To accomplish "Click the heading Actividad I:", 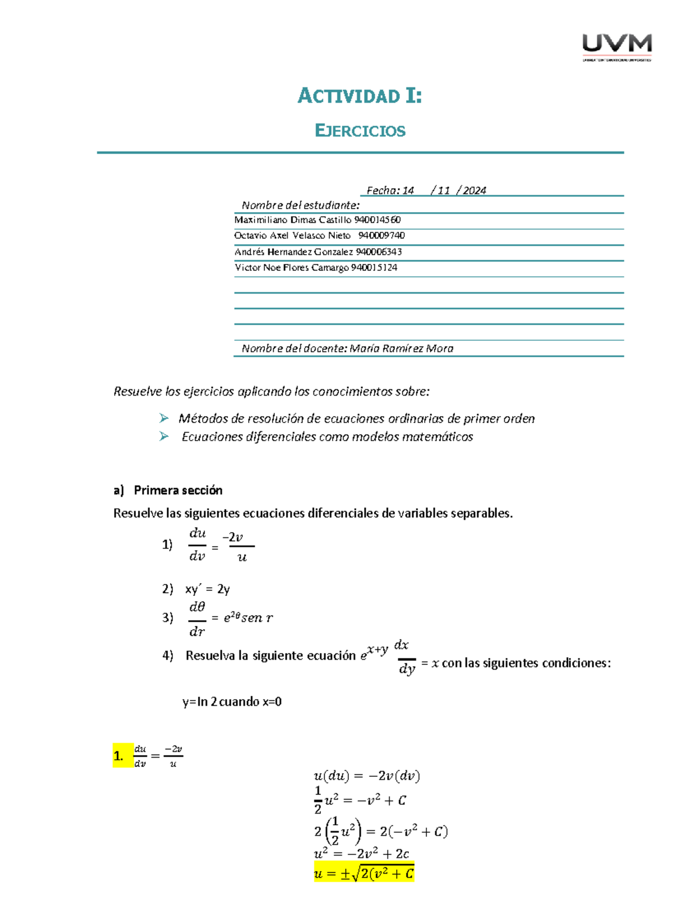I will tap(359, 96).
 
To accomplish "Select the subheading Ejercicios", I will tap(359, 131).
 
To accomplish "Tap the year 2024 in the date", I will tap(474, 191).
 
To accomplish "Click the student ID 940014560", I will tap(377, 220).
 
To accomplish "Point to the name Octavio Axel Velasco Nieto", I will tap(292, 235).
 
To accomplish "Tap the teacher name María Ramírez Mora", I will tap(401, 348).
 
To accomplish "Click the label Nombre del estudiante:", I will tap(301, 205).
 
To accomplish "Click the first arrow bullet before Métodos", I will tap(164, 418).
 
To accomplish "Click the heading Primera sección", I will tap(178, 490).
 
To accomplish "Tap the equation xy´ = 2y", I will tap(207, 589).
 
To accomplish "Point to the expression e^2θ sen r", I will tap(248, 618).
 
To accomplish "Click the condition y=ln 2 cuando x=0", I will tap(232, 702).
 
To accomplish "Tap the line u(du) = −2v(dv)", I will tap(366, 776).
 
